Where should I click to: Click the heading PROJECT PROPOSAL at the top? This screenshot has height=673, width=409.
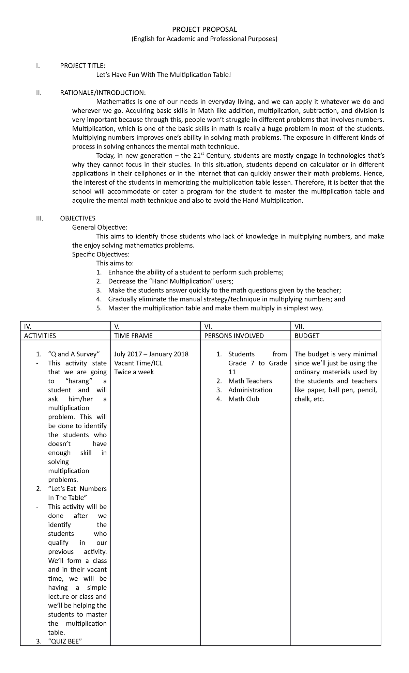pyautogui.click(x=204, y=30)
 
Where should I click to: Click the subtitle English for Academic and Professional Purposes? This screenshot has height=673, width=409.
pyautogui.click(x=204, y=39)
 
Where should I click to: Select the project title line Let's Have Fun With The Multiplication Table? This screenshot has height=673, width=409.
pyautogui.click(x=164, y=75)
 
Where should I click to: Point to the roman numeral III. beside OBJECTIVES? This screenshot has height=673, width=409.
pyautogui.click(x=40, y=218)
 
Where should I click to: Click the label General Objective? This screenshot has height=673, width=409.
pyautogui.click(x=100, y=227)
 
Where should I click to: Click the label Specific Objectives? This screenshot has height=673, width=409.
pyautogui.click(x=101, y=254)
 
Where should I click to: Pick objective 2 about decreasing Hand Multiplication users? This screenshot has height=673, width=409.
pyautogui.click(x=170, y=281)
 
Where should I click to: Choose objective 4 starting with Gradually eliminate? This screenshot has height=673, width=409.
pyautogui.click(x=226, y=299)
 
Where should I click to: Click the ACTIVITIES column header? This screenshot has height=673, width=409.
pyautogui.click(x=40, y=335)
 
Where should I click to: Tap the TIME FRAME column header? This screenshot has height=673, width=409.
pyautogui.click(x=133, y=335)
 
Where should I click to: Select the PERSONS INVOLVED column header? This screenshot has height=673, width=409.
pyautogui.click(x=234, y=335)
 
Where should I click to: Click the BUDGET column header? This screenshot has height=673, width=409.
pyautogui.click(x=307, y=335)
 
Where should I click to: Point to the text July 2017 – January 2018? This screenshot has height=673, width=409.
pyautogui.click(x=151, y=354)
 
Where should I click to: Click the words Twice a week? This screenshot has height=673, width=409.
pyautogui.click(x=134, y=372)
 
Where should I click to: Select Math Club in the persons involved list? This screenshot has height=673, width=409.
pyautogui.click(x=243, y=399)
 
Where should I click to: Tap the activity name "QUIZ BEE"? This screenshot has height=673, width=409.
pyautogui.click(x=65, y=641)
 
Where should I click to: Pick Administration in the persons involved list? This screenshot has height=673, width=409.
pyautogui.click(x=250, y=390)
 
